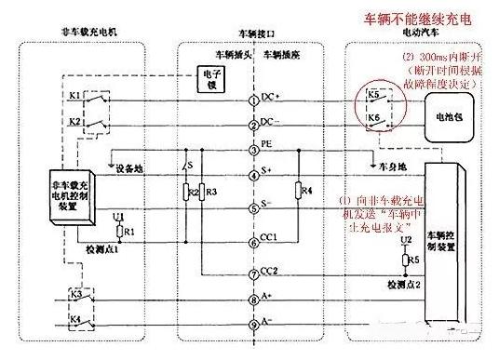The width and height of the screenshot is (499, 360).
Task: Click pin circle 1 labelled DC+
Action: point(252,99)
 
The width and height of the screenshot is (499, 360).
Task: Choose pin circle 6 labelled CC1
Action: point(252,243)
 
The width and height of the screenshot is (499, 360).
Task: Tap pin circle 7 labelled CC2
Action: point(252,273)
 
